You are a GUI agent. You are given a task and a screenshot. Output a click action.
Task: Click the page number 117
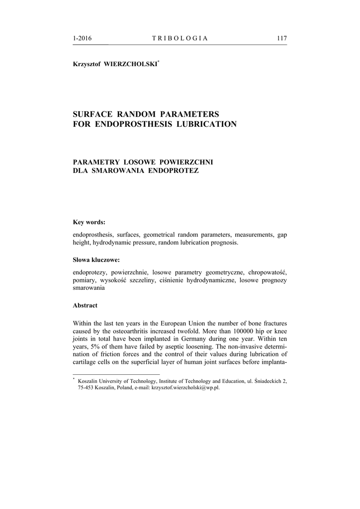(x=282, y=39)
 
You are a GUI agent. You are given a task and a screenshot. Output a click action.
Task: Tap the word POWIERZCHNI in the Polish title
(x=185, y=162)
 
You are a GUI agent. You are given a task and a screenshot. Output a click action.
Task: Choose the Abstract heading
(x=85, y=305)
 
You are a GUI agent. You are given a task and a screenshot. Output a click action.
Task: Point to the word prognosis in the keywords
(x=224, y=243)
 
